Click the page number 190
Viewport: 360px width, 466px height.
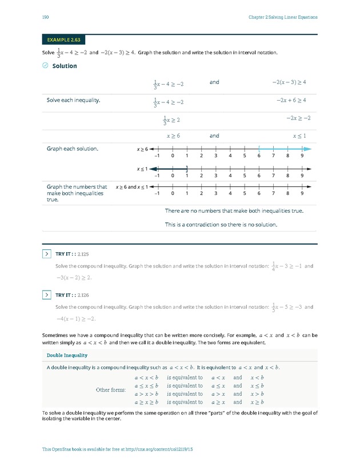(45, 17)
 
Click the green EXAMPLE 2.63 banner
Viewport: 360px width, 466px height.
(65, 40)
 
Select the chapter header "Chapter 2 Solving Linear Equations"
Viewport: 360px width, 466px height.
(283, 17)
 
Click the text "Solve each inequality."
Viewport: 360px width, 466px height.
(73, 101)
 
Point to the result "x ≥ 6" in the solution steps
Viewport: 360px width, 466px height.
(173, 136)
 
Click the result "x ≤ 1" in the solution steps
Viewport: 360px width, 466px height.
(299, 136)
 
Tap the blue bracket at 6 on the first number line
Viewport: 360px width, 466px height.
(259, 149)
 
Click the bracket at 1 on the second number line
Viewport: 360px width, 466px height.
(187, 168)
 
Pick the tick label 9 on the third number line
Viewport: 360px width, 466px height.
(302, 194)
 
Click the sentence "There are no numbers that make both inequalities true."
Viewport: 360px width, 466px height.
(234, 211)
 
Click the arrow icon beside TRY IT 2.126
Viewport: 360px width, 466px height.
(47, 294)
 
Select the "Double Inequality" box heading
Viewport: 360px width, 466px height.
(67, 356)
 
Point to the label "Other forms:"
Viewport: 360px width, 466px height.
(110, 390)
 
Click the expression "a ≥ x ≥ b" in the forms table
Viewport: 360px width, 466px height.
(145, 402)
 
